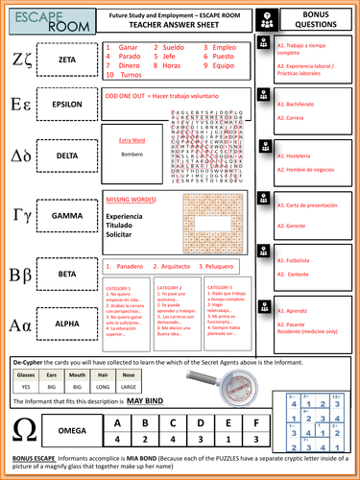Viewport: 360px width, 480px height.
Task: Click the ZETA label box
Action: (68, 60)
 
